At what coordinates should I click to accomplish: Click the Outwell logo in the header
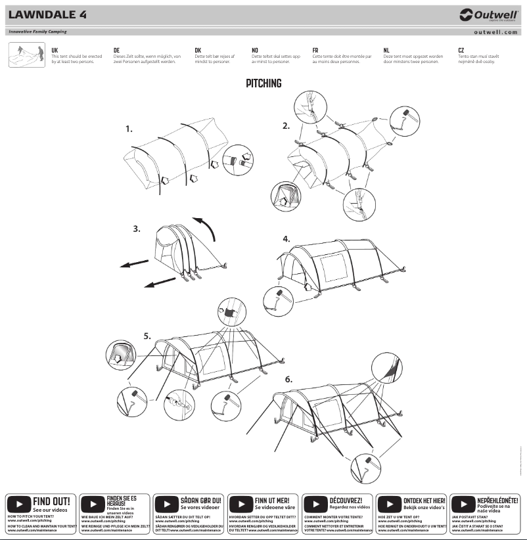click(487, 15)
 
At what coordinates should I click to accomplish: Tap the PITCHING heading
click(263, 83)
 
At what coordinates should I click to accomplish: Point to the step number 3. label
click(137, 229)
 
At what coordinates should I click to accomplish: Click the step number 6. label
click(288, 380)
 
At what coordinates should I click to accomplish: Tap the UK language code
click(55, 50)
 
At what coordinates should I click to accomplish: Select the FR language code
click(315, 50)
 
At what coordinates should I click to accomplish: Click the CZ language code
click(461, 50)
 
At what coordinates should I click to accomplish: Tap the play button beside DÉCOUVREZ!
click(316, 505)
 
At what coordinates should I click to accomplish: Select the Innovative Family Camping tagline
click(37, 32)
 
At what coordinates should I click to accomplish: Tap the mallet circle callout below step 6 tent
click(363, 467)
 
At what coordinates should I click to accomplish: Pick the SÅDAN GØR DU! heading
click(201, 500)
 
